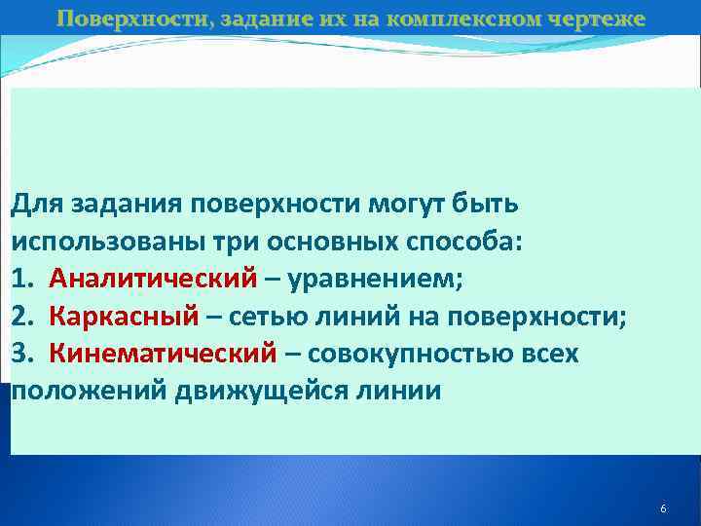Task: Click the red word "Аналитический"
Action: click(x=155, y=280)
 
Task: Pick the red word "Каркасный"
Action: click(x=124, y=317)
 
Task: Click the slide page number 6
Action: click(x=663, y=509)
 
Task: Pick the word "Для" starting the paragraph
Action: click(x=32, y=206)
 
